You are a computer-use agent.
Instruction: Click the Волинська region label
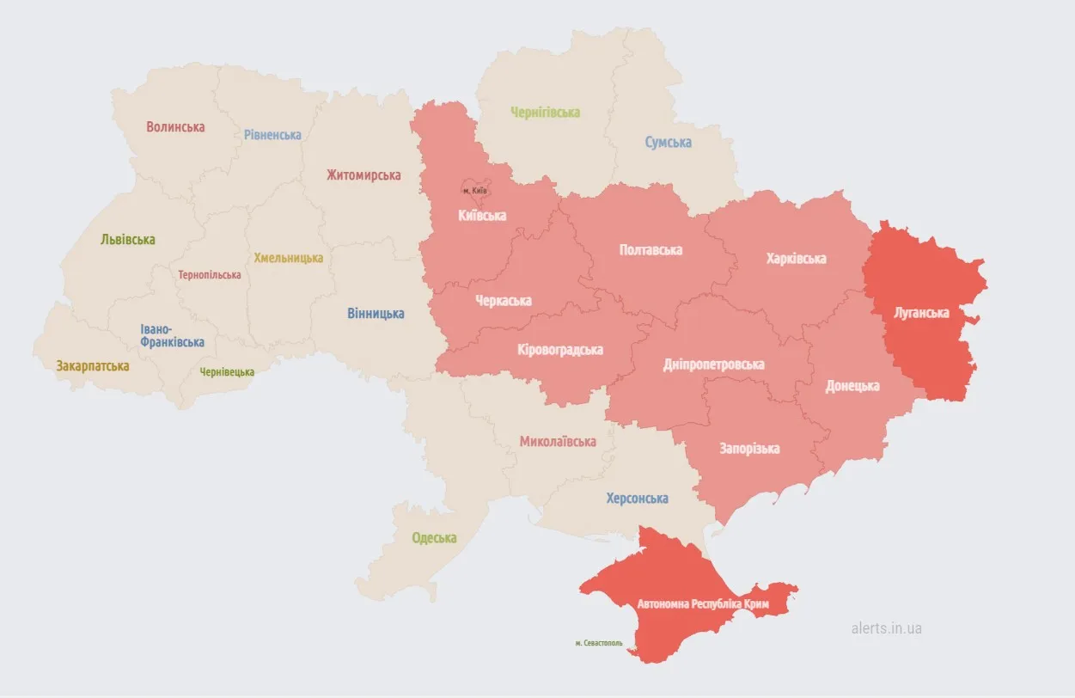click(175, 127)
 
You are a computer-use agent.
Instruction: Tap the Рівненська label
click(272, 135)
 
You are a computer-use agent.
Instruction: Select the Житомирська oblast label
click(363, 175)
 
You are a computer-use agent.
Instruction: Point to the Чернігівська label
click(545, 113)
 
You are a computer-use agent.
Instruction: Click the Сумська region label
click(669, 143)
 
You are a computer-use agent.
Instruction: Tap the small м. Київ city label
click(474, 190)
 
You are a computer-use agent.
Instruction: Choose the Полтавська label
click(650, 250)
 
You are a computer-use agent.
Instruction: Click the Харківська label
click(797, 259)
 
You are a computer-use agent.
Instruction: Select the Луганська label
click(921, 313)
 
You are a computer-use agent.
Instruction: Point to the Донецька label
click(852, 386)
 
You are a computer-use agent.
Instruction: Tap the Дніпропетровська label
click(713, 364)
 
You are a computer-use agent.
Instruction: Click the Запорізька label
click(749, 449)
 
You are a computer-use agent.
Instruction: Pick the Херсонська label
click(637, 499)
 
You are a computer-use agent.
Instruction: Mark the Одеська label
click(434, 538)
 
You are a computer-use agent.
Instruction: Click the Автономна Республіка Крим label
click(703, 605)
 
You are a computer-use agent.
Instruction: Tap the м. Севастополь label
click(599, 643)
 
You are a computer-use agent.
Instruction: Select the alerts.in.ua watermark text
click(886, 628)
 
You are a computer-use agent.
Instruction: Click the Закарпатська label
click(93, 366)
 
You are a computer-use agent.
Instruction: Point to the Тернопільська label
click(210, 275)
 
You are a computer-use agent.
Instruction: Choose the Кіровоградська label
click(560, 350)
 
